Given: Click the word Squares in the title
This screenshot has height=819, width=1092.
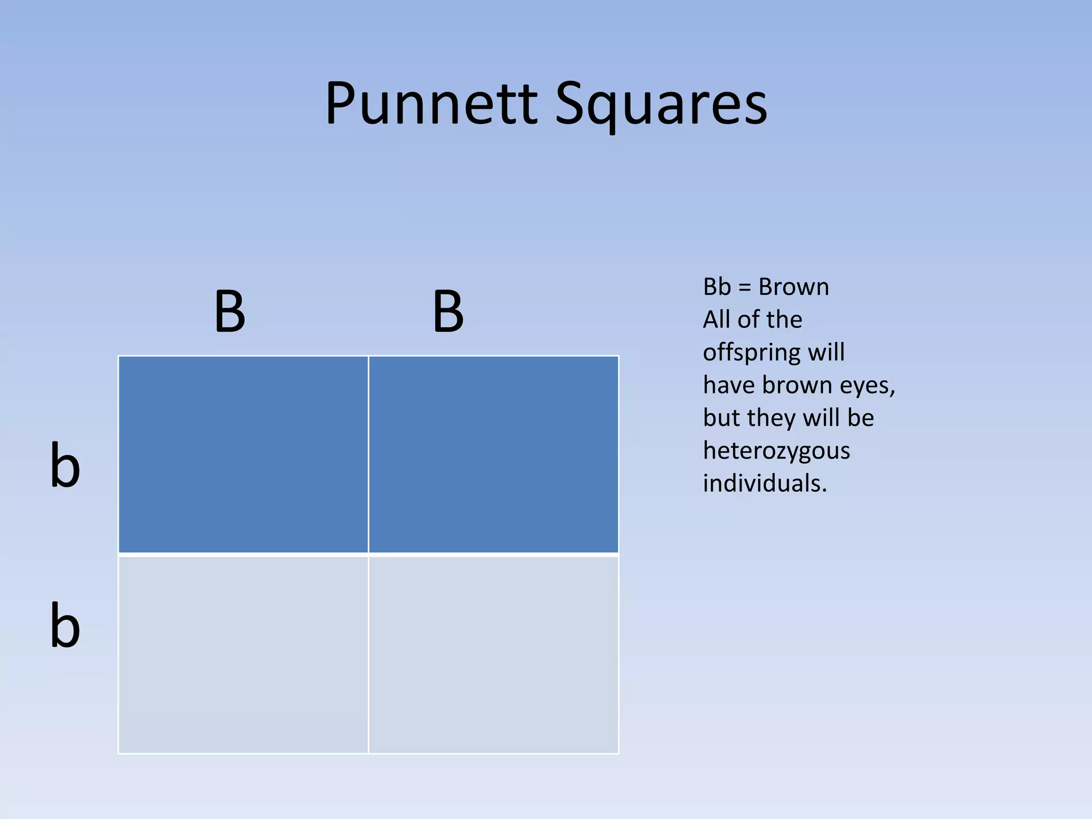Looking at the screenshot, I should [661, 105].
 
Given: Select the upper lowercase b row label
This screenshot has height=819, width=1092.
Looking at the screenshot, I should [65, 464].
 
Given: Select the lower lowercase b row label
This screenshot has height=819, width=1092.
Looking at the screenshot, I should [65, 624].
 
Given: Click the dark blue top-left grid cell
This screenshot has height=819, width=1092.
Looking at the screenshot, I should [243, 454].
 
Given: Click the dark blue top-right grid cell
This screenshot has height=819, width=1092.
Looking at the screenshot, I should [494, 454].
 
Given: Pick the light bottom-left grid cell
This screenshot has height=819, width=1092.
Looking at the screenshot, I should [243, 654].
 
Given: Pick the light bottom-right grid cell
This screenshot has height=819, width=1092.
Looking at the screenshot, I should [494, 654].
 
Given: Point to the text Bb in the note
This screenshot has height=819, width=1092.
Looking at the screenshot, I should [717, 287].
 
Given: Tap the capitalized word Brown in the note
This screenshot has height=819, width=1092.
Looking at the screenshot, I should [794, 287].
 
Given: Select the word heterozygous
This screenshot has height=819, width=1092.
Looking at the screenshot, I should [776, 451].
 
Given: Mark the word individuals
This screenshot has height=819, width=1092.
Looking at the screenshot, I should [765, 483].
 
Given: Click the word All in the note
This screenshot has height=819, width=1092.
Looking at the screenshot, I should [716, 319].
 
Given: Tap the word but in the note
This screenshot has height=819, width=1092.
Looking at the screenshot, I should [720, 417].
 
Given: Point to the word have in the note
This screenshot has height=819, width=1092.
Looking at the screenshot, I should [729, 385].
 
